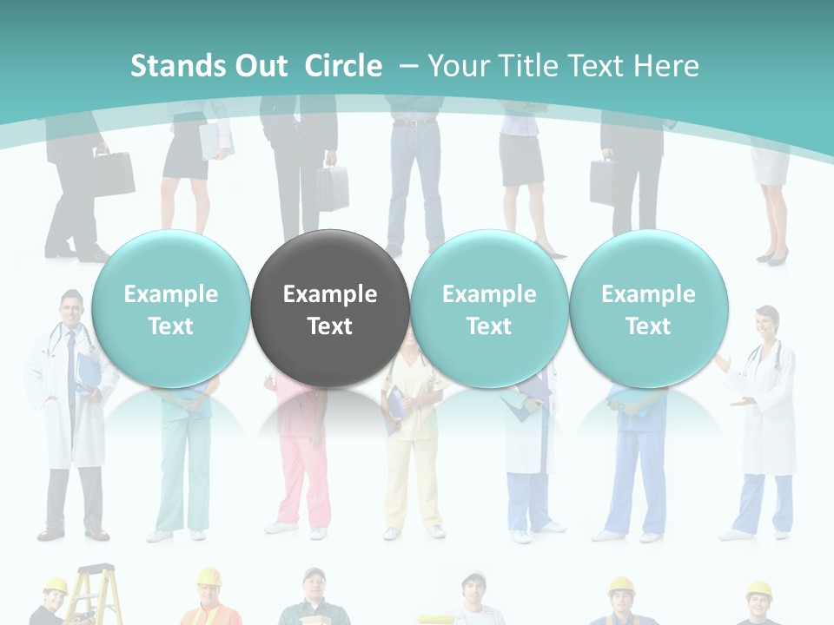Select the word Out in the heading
coord(258,66)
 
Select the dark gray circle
coord(329,308)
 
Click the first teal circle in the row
coord(170,308)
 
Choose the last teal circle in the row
coord(648,308)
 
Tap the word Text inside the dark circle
coord(329,326)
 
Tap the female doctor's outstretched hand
coord(739,401)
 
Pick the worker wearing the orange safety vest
coord(209,603)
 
